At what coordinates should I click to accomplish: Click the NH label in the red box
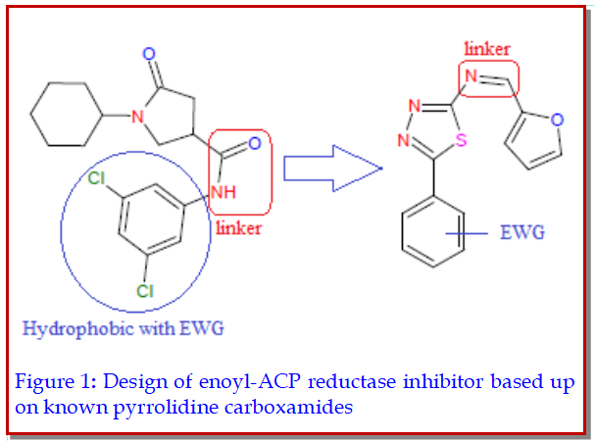[x=224, y=193]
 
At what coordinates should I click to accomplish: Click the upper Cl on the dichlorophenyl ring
[x=96, y=178]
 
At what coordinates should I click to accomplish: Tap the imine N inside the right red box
[x=472, y=75]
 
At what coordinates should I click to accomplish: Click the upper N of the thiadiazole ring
[x=416, y=107]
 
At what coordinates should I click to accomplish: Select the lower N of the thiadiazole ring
[x=403, y=140]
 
